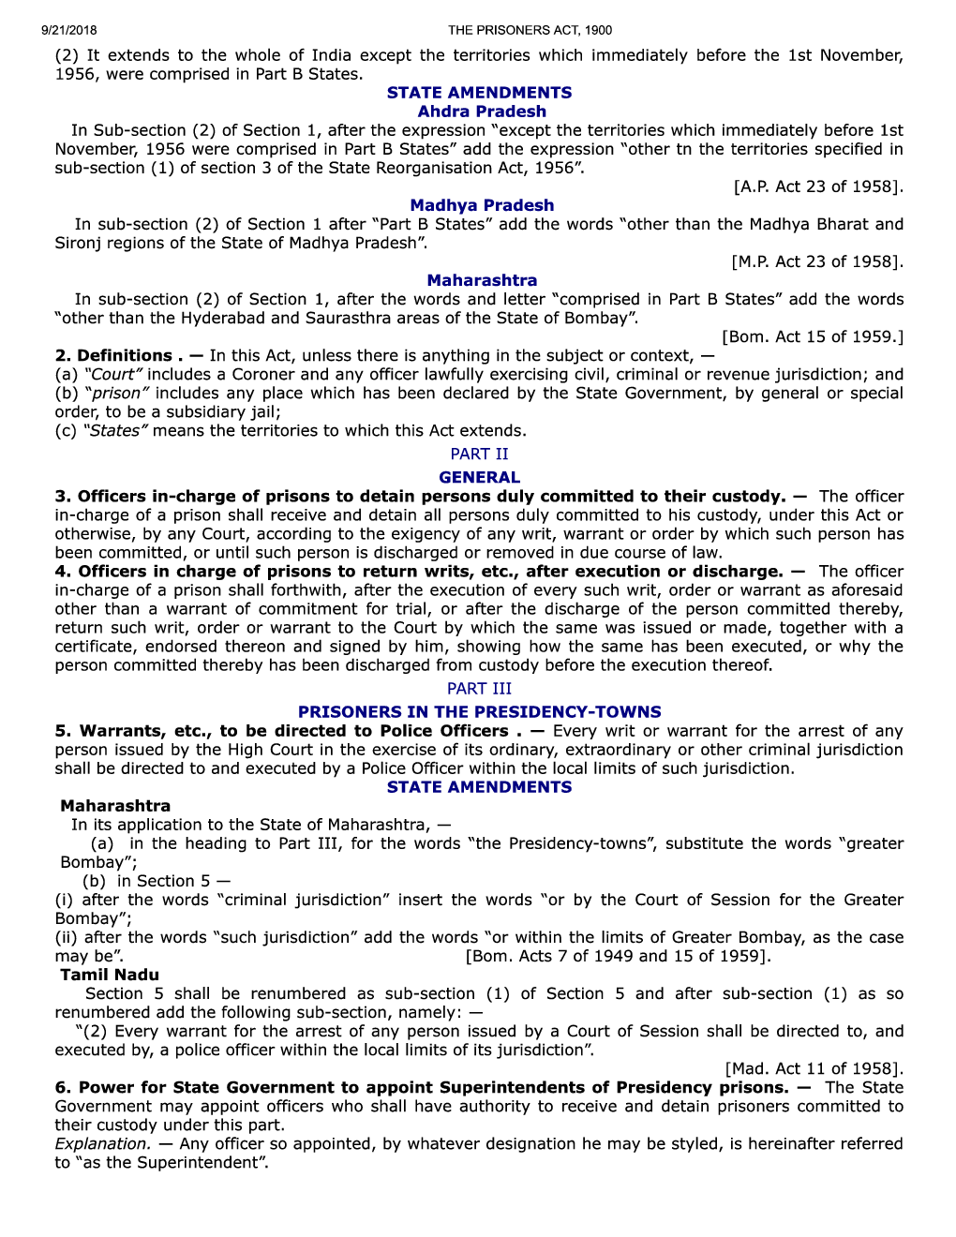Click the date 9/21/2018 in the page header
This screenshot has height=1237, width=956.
coord(68,30)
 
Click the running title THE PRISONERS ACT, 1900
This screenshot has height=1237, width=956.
coord(530,30)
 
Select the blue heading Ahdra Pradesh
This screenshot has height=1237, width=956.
coord(482,112)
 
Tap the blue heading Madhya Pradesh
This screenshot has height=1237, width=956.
coord(482,205)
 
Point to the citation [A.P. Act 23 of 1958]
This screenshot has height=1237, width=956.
coord(818,186)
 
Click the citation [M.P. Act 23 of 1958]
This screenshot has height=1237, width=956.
coord(817,261)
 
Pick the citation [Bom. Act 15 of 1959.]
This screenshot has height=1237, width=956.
coord(813,336)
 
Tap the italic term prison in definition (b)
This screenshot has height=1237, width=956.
coord(117,393)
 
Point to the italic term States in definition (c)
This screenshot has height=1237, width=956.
coord(115,430)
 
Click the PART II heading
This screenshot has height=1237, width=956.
coord(479,454)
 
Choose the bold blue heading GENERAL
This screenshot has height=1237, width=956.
coord(479,477)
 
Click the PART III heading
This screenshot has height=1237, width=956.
coord(479,689)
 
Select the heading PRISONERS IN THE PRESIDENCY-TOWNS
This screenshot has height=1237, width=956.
coord(479,712)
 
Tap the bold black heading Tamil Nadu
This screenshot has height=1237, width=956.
coord(110,975)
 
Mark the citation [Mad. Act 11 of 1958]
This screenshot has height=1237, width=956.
coord(814,1068)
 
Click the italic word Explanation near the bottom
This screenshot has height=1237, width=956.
coord(102,1143)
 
